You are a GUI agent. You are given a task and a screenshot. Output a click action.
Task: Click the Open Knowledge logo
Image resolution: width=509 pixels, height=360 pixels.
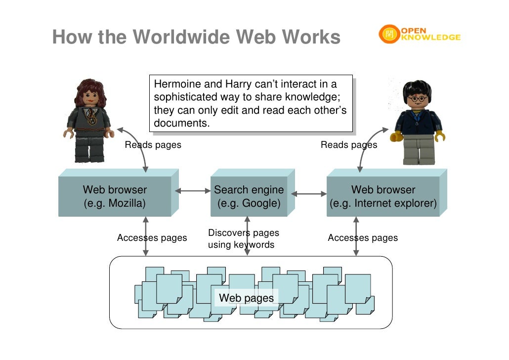click(x=420, y=34)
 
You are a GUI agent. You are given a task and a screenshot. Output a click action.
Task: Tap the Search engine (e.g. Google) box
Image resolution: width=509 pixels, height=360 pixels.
click(x=249, y=197)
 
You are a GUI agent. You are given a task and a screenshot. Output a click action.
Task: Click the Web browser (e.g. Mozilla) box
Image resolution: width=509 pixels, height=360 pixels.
click(x=115, y=197)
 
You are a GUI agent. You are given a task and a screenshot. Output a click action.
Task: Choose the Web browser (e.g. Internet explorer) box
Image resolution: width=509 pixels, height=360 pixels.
click(x=383, y=197)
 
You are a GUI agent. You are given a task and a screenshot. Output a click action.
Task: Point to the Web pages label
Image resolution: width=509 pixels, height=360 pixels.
click(x=246, y=298)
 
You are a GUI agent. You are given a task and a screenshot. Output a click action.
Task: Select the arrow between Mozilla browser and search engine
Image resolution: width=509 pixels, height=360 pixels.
click(x=193, y=190)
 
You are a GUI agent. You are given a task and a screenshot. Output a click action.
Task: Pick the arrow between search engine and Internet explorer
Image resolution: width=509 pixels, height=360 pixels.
click(x=309, y=194)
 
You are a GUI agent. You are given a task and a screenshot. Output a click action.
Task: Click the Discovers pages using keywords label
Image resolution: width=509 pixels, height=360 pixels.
click(x=243, y=238)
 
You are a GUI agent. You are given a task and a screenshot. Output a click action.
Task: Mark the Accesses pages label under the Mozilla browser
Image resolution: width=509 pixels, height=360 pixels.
click(x=152, y=238)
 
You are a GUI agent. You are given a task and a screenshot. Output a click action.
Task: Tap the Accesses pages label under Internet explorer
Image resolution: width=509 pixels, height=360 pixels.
click(x=363, y=238)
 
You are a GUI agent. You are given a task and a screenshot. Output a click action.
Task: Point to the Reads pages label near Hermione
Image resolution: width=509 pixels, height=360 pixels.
click(x=153, y=145)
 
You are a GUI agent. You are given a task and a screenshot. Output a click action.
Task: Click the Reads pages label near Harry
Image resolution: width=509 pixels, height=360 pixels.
click(x=348, y=145)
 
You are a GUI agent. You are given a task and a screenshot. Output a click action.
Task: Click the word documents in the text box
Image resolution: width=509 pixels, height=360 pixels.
click(x=181, y=123)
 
